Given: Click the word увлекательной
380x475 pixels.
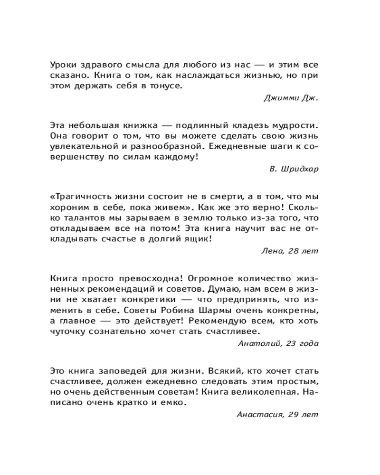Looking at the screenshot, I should [80, 147].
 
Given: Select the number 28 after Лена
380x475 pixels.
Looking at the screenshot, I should [294, 251].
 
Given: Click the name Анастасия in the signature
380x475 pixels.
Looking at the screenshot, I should [258, 414].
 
